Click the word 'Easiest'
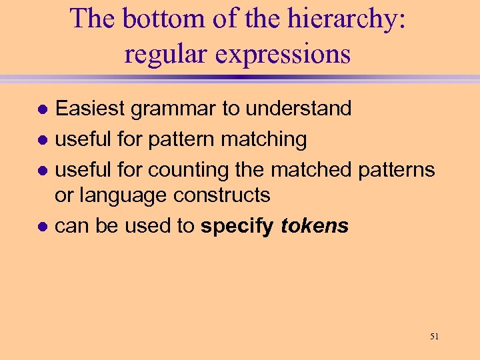pyautogui.click(x=90, y=108)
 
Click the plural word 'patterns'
pyautogui.click(x=396, y=170)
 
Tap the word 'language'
pyautogui.click(x=123, y=196)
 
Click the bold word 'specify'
pyautogui.click(x=237, y=227)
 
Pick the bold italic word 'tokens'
pyautogui.click(x=315, y=226)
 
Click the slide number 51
pyautogui.click(x=434, y=337)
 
